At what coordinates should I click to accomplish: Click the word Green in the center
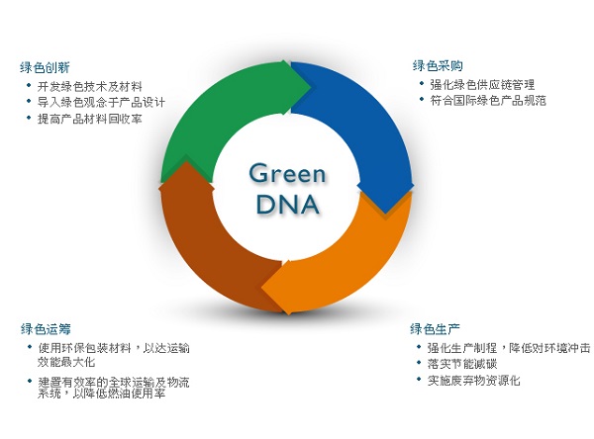click(x=287, y=174)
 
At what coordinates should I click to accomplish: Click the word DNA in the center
click(x=287, y=205)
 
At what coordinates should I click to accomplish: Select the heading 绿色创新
click(x=45, y=68)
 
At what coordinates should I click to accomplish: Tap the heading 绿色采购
click(x=438, y=66)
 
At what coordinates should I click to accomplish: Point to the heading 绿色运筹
click(x=46, y=329)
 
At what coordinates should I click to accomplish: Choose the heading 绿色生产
click(x=435, y=329)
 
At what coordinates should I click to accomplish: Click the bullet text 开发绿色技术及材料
click(x=89, y=87)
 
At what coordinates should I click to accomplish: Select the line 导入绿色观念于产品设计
click(x=101, y=102)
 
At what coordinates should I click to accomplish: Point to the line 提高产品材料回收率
click(x=89, y=119)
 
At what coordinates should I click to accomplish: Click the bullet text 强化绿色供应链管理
click(x=482, y=84)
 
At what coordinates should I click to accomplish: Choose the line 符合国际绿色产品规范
click(x=488, y=100)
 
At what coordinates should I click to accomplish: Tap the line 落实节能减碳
click(x=462, y=364)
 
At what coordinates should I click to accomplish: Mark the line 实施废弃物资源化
click(x=474, y=380)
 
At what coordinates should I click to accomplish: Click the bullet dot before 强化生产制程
click(x=419, y=347)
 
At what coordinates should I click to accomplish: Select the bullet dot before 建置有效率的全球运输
click(x=30, y=381)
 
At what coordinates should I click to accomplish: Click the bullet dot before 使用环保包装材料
click(x=30, y=347)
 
